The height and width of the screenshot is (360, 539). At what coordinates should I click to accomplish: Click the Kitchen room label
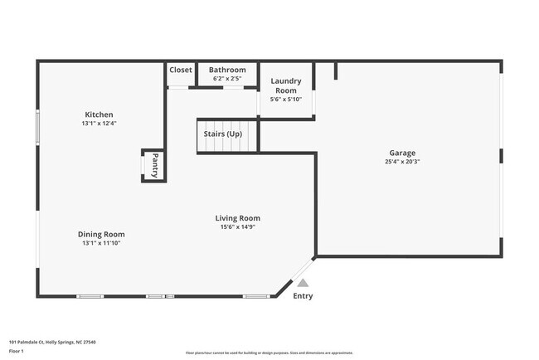(x=99, y=114)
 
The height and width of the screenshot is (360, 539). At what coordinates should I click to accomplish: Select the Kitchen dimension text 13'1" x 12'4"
(x=99, y=124)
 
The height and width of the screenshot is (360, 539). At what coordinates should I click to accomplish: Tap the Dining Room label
(x=102, y=234)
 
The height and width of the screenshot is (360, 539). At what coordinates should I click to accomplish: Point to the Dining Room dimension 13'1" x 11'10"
(x=102, y=244)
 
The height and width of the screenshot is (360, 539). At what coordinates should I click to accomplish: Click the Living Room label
(x=237, y=218)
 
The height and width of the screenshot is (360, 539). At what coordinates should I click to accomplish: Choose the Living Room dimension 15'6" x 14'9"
(x=237, y=227)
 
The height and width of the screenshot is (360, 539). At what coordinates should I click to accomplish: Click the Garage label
(x=402, y=153)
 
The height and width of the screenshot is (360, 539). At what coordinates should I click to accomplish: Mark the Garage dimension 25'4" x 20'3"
(x=402, y=162)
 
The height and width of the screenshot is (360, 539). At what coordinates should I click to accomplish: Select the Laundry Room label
(x=286, y=85)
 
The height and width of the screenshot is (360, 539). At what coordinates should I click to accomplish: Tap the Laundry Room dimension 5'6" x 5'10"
(x=286, y=100)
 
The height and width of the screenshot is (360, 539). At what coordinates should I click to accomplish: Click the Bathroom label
(x=227, y=70)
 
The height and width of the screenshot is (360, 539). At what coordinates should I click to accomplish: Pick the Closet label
(x=181, y=70)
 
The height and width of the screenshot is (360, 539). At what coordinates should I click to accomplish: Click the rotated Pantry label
(x=153, y=165)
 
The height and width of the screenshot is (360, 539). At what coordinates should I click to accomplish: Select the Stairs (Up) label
(x=223, y=133)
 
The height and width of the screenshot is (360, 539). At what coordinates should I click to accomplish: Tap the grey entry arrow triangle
(x=303, y=283)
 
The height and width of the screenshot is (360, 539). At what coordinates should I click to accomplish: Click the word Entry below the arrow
(x=303, y=296)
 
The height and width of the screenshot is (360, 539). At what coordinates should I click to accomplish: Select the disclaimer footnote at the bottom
(x=269, y=353)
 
